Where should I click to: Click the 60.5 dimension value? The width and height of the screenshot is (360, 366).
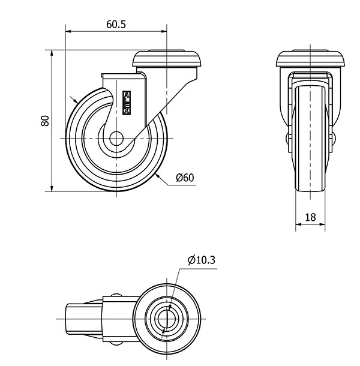click(116, 24)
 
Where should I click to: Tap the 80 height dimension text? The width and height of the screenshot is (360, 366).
click(45, 121)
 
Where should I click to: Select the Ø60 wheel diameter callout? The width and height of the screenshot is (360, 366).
click(185, 178)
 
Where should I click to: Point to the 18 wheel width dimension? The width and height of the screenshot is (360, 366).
click(310, 217)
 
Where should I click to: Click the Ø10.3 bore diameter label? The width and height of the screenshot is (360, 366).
click(201, 260)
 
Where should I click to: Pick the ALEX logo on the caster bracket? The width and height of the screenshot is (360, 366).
click(127, 103)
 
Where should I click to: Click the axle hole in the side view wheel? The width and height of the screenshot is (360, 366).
click(116, 139)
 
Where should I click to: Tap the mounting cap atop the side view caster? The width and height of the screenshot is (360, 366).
click(167, 58)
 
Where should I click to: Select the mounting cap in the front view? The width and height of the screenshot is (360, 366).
click(310, 58)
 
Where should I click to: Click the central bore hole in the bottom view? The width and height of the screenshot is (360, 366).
click(167, 319)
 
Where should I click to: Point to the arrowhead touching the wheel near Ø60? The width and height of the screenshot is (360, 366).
click(158, 176)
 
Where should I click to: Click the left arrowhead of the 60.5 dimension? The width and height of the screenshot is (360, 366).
click(68, 31)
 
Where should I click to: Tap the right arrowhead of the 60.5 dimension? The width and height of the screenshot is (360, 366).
click(164, 31)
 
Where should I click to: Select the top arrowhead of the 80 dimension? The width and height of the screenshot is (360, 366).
click(52, 53)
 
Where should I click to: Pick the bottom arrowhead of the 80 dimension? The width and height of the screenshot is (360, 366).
click(52, 188)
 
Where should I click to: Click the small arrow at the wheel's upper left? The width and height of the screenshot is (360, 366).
click(74, 100)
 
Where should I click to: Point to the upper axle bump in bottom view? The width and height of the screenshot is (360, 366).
click(116, 295)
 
